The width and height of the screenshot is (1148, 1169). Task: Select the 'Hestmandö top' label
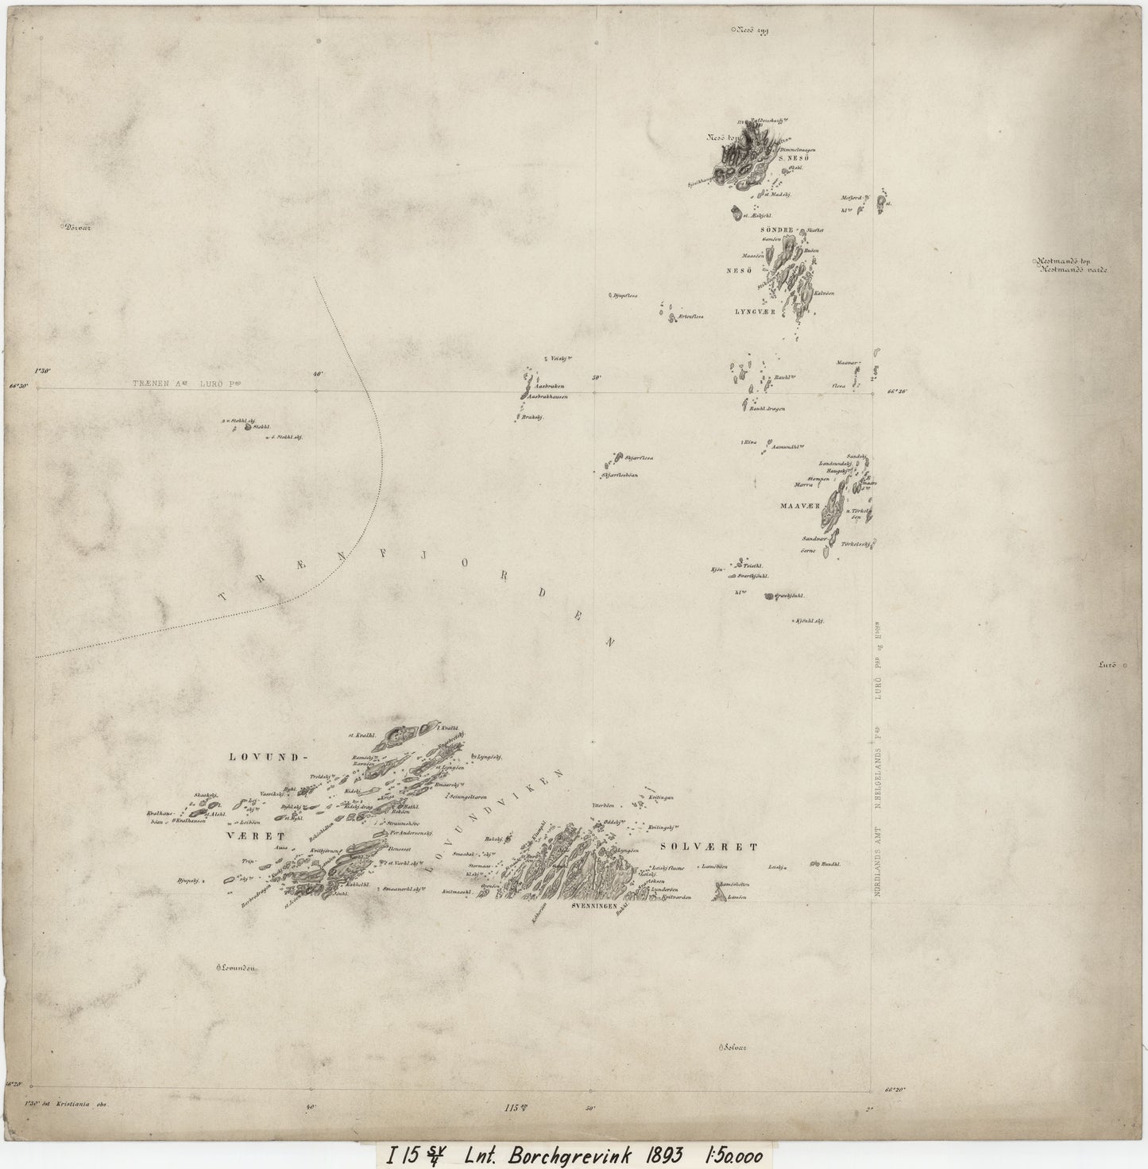coord(1069,260)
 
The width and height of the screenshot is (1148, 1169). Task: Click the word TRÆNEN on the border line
coord(153,383)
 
